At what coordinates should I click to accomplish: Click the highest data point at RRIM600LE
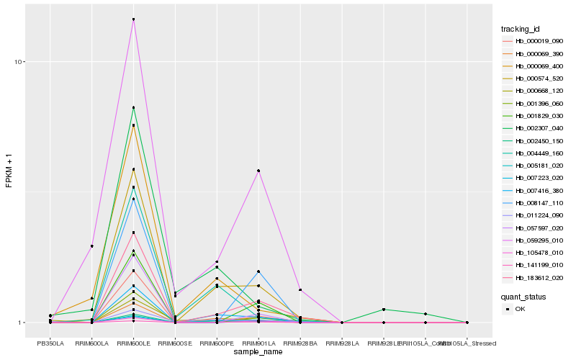coord(133,19)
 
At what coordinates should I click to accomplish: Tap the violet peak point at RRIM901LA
coord(258,171)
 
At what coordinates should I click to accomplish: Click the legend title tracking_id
coord(521,29)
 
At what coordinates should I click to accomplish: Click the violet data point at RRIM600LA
coord(91,246)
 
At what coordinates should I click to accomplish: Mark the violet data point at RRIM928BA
coord(300,289)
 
